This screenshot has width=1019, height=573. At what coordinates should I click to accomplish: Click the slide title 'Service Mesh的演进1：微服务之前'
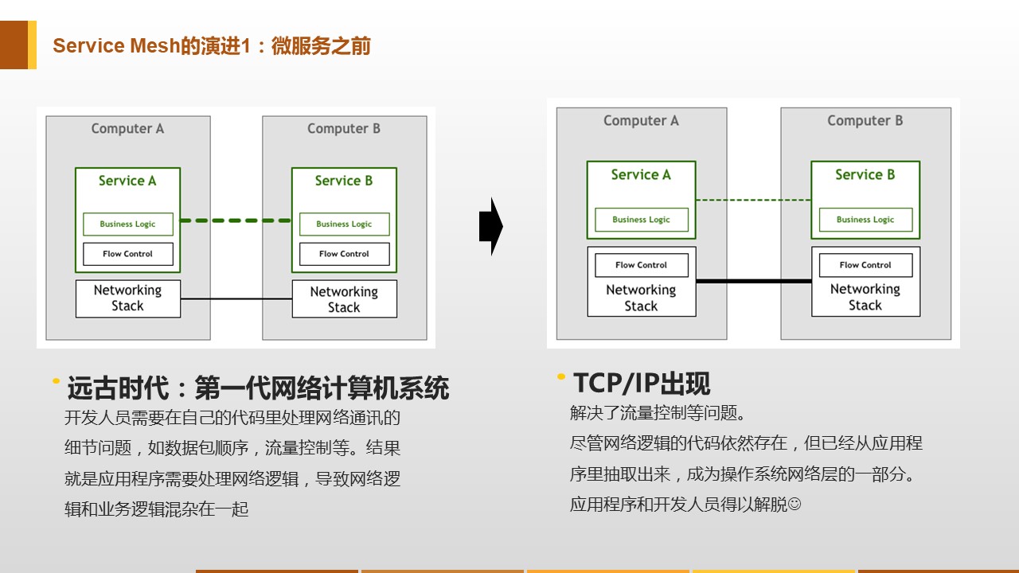(212, 46)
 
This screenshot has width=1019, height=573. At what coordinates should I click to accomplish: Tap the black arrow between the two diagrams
(491, 226)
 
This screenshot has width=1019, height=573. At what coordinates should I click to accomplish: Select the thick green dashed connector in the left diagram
(236, 220)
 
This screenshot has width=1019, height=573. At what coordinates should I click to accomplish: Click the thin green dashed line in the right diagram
(753, 200)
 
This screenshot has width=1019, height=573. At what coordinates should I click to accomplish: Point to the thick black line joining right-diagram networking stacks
(754, 281)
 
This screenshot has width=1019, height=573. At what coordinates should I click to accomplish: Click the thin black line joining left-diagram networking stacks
(236, 298)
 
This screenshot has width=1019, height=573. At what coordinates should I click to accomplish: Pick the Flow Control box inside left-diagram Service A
(128, 254)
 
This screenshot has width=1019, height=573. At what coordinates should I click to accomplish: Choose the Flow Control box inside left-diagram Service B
(345, 254)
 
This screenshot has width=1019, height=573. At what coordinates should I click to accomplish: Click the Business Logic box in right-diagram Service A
(642, 220)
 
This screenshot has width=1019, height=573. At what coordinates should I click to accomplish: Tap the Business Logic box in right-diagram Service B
(865, 220)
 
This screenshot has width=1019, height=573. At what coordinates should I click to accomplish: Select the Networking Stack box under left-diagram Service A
(128, 298)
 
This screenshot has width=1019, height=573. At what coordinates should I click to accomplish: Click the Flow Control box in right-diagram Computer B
(865, 265)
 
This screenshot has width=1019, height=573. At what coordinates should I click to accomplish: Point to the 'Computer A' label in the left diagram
(127, 129)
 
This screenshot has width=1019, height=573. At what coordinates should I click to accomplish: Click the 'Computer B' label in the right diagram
(865, 120)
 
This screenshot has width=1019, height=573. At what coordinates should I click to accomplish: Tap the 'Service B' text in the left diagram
(344, 181)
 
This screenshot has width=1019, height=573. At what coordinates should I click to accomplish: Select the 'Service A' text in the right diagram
(641, 174)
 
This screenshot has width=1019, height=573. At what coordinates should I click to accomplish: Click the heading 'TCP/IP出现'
(642, 383)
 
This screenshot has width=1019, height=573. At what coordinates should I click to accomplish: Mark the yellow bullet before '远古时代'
(56, 381)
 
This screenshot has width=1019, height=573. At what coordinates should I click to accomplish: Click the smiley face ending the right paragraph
(795, 504)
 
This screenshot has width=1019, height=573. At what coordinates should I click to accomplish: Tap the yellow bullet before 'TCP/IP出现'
(561, 376)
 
